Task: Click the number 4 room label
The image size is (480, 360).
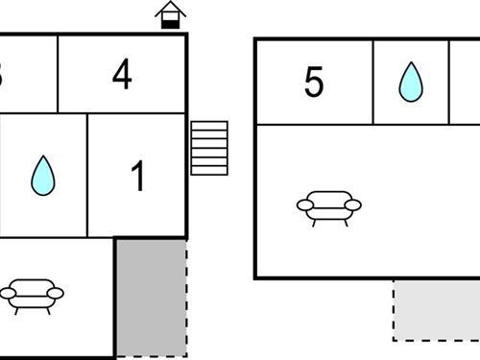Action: [121, 75]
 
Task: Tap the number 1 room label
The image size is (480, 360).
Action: [138, 177]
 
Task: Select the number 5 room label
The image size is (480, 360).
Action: [314, 83]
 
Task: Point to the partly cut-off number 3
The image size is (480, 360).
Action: [3, 75]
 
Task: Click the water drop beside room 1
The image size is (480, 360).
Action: [42, 175]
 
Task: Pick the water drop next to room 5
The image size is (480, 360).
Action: [410, 82]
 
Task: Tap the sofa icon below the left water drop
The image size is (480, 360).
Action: [29, 295]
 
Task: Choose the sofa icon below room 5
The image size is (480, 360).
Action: [328, 207]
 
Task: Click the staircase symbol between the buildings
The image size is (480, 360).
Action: [209, 148]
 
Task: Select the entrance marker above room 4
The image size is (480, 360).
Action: [170, 14]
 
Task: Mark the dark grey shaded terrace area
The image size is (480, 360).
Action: [151, 298]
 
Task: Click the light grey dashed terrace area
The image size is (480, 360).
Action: [437, 309]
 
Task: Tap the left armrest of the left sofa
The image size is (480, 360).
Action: [5, 293]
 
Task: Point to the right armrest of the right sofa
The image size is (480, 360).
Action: [354, 204]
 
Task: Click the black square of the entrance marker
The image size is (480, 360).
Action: [170, 21]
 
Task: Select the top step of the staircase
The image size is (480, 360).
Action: [209, 126]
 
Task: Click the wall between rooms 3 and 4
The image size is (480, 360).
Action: [59, 74]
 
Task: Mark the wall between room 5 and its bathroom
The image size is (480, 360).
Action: [372, 82]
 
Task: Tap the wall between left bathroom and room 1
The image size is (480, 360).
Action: [88, 175]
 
